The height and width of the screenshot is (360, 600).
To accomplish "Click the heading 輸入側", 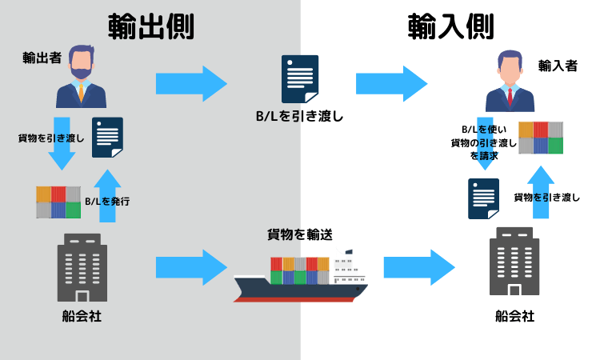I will click(x=450, y=26).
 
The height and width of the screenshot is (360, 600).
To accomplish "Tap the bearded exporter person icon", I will click(x=81, y=76).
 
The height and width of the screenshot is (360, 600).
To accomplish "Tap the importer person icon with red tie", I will click(x=510, y=82).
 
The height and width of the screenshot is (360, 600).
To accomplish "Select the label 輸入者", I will click(x=557, y=66).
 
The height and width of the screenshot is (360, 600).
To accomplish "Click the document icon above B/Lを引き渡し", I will click(x=299, y=78).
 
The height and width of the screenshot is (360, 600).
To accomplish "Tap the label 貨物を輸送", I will click(x=299, y=234).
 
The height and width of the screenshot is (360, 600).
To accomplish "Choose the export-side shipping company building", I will click(x=81, y=268).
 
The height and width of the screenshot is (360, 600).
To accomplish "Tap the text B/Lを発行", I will click(x=107, y=202).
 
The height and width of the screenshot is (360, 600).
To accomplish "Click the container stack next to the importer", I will click(x=541, y=138).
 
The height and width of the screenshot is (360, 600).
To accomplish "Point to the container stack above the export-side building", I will click(x=58, y=202).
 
